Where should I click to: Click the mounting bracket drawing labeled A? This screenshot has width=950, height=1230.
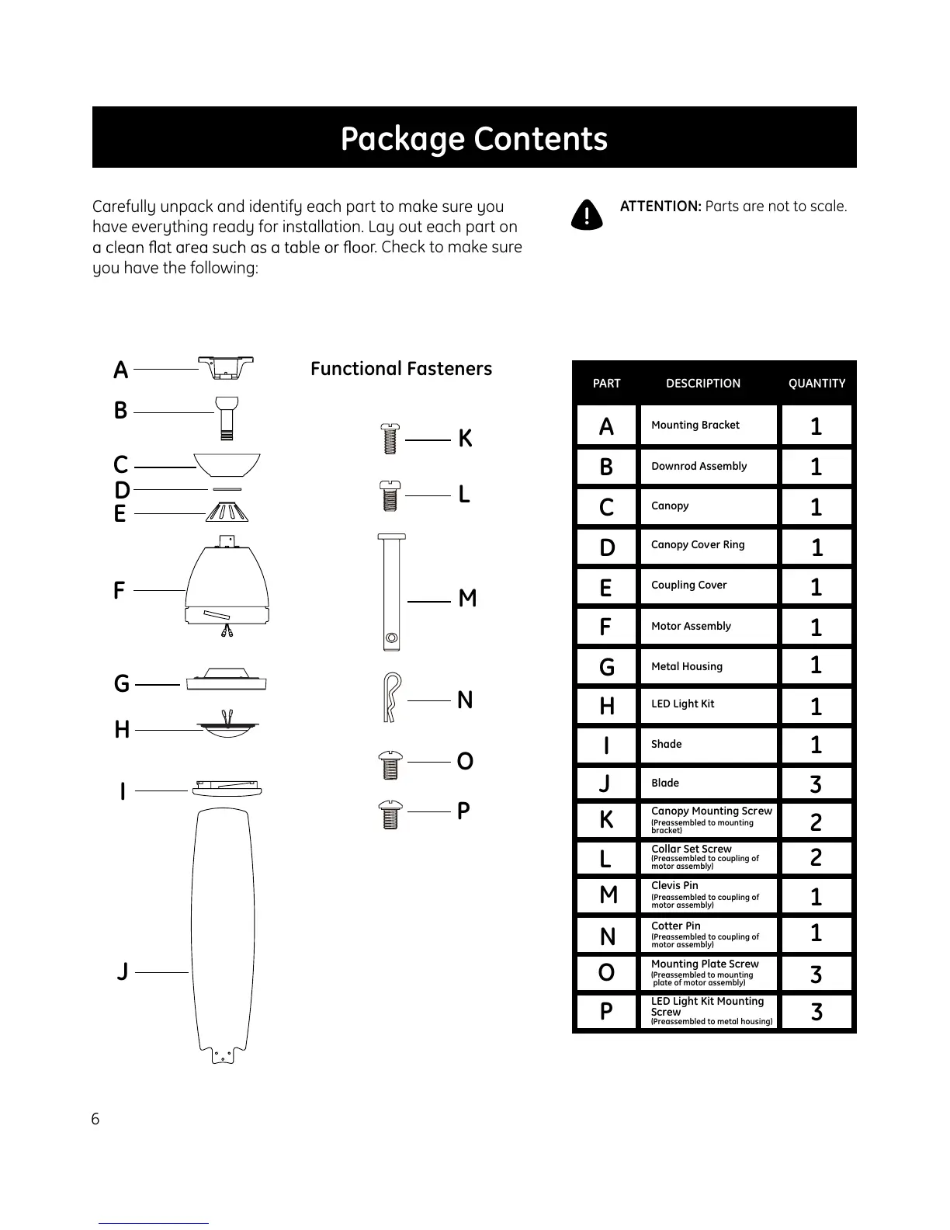[226, 367]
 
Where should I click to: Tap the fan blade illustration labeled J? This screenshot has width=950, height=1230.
[223, 932]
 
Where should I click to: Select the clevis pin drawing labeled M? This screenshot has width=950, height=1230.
[391, 592]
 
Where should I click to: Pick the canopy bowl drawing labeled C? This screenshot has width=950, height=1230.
[227, 464]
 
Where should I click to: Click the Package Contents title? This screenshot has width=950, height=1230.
[474, 138]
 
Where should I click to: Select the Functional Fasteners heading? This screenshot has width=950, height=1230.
[401, 369]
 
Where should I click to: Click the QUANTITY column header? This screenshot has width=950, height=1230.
[817, 384]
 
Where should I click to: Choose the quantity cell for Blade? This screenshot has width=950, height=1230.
[816, 784]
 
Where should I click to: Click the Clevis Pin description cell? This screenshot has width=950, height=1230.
[708, 895]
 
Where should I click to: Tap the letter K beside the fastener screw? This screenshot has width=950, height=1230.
[465, 439]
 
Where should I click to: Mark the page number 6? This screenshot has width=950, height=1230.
[95, 1119]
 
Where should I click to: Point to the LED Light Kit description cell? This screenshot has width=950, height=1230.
[708, 704]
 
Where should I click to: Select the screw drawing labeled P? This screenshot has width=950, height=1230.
[391, 815]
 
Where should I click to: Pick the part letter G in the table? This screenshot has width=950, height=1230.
[607, 666]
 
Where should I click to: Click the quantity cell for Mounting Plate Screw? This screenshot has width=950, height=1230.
[816, 974]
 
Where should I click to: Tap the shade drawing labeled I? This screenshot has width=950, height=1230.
[227, 788]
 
